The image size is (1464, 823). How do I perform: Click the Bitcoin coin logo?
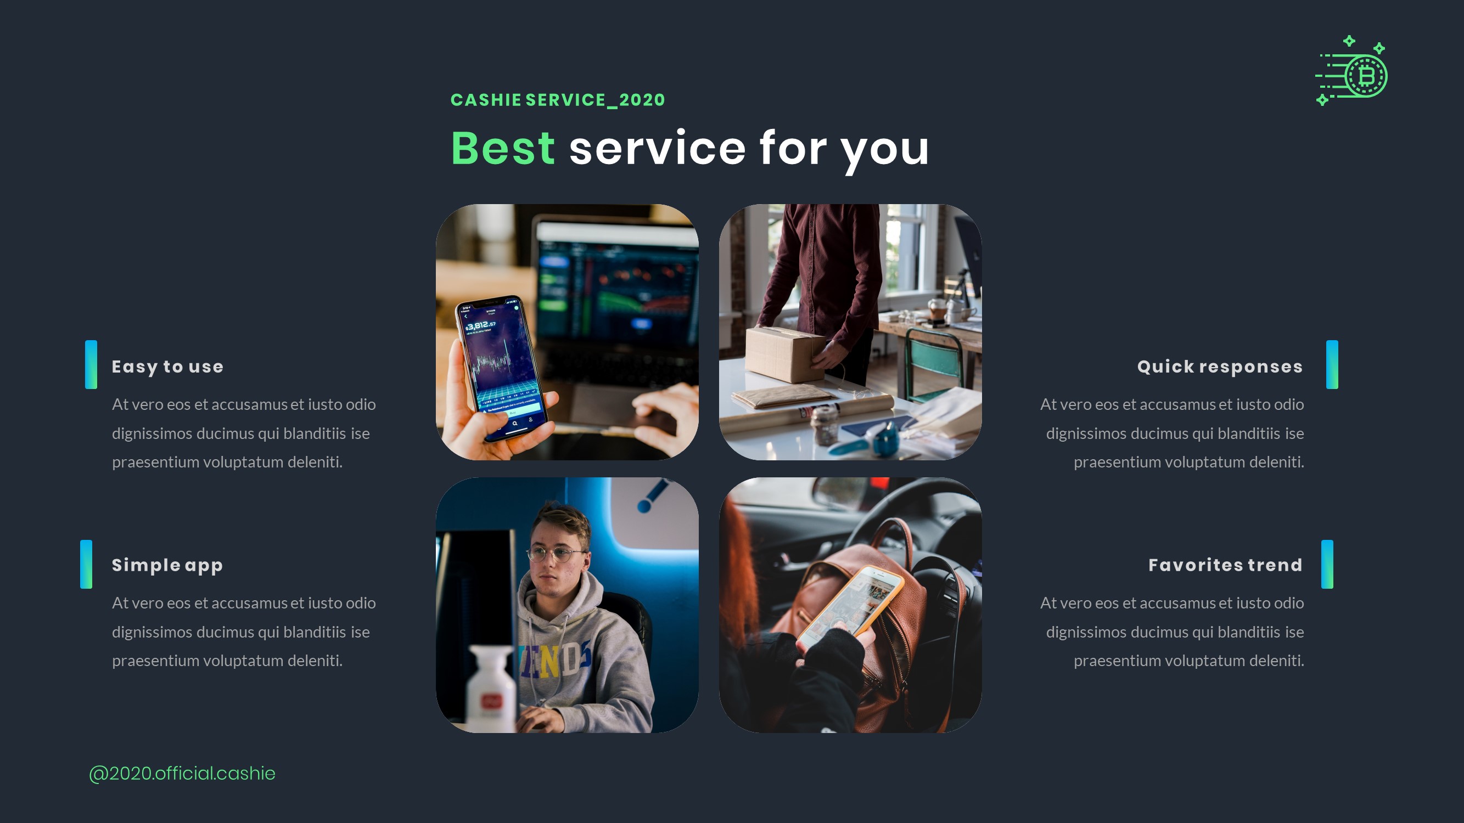(x=1365, y=76)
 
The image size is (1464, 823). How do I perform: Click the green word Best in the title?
(x=502, y=148)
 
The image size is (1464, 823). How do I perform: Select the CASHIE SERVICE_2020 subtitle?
(x=558, y=100)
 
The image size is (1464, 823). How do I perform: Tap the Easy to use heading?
(x=167, y=367)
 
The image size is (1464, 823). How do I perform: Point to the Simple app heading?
(x=167, y=565)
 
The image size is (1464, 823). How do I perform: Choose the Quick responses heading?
(x=1220, y=367)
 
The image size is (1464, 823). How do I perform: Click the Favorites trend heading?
(x=1225, y=565)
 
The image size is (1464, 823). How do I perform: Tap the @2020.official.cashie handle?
(x=182, y=773)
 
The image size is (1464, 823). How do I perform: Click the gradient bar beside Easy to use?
(x=91, y=365)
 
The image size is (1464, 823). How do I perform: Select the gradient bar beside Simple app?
(x=86, y=564)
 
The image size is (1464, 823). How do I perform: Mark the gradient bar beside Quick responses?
(x=1332, y=365)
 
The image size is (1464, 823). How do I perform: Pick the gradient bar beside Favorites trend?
(x=1327, y=564)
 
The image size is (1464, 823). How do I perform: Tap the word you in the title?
(x=884, y=149)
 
